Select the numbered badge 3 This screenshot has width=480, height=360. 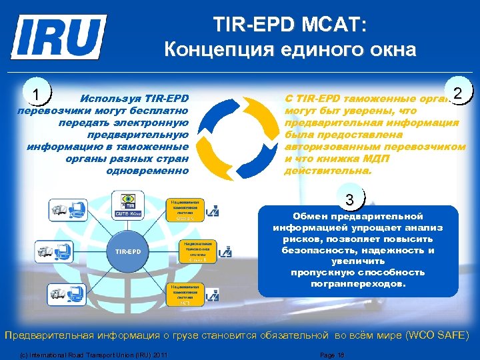pos(351,198)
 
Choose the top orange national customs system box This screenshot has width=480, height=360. pos(182,209)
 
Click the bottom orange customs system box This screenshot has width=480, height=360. pos(182,293)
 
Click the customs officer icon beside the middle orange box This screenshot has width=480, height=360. pos(225,253)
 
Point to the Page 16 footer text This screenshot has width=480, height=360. pos(332,354)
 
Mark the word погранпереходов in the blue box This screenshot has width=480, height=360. pos(357,283)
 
